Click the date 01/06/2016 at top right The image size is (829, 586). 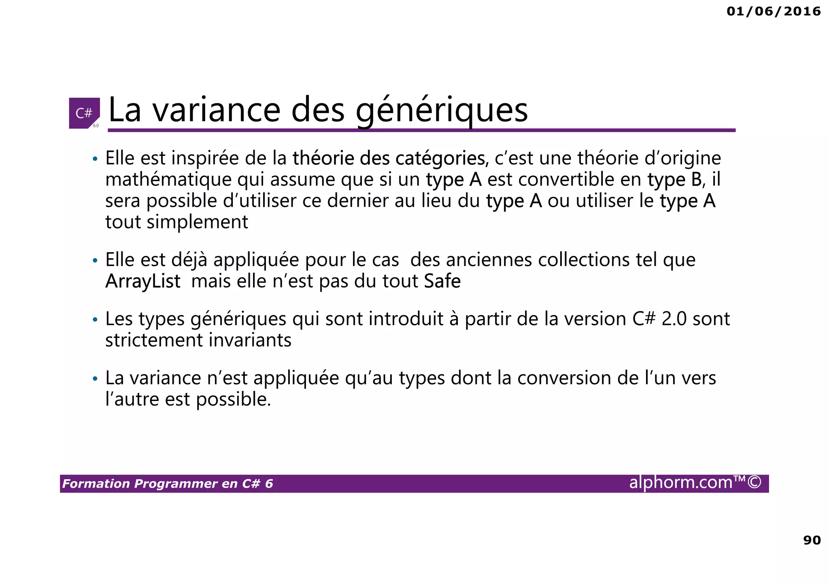tap(774, 11)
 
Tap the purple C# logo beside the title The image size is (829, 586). tap(84, 113)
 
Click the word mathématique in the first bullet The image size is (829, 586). tap(168, 179)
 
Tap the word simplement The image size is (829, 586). tap(197, 222)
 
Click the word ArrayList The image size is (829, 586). tap(142, 281)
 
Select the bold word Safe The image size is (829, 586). tap(442, 281)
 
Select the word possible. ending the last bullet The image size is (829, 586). tap(234, 400)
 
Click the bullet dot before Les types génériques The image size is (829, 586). tap(95, 320)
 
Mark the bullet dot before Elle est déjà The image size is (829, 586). tap(95, 261)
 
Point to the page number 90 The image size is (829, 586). tap(812, 540)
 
